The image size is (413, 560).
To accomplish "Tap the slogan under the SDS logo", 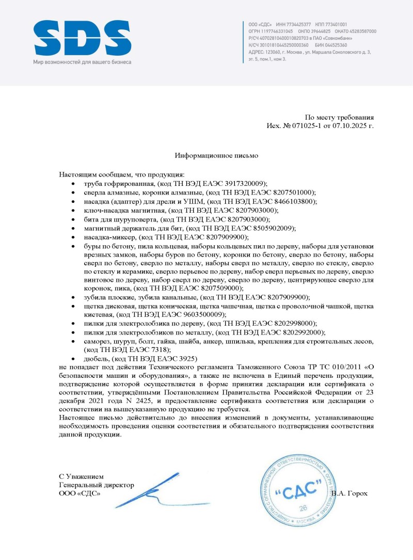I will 82,62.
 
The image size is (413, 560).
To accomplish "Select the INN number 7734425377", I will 293,25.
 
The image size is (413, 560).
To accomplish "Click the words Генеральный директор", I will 97,485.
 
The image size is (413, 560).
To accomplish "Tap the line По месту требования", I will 339,117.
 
